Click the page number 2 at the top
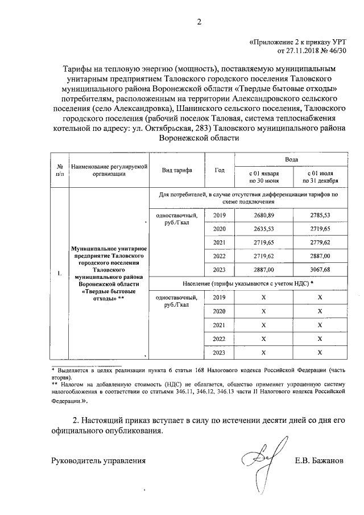click(x=198, y=22)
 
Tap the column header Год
click(x=220, y=170)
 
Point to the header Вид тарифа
click(x=177, y=170)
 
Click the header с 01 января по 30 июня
click(x=263, y=176)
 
